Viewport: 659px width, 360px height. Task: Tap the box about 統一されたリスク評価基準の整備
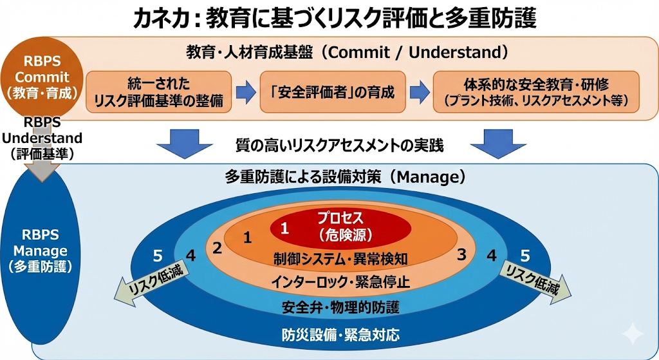pos(159,92)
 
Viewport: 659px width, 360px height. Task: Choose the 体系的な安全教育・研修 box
pos(536,92)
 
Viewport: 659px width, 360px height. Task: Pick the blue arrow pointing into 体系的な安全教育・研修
pos(420,93)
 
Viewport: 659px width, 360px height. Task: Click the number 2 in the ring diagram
pos(218,247)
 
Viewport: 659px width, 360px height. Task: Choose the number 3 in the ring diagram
pos(461,253)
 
